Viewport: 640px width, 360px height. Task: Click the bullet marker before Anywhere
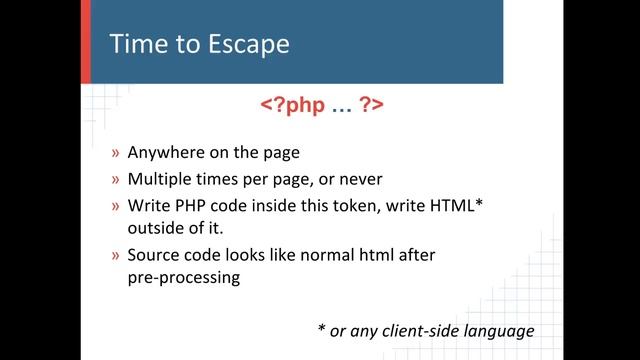pos(116,155)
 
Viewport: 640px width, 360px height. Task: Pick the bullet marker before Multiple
pos(116,181)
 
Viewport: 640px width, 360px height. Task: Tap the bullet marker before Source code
pos(116,255)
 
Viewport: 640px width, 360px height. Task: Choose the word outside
pos(156,230)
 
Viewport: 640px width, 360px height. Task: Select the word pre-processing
pos(184,279)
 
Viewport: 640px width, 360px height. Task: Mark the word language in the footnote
pos(505,330)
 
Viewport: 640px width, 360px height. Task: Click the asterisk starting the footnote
pos(321,328)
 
